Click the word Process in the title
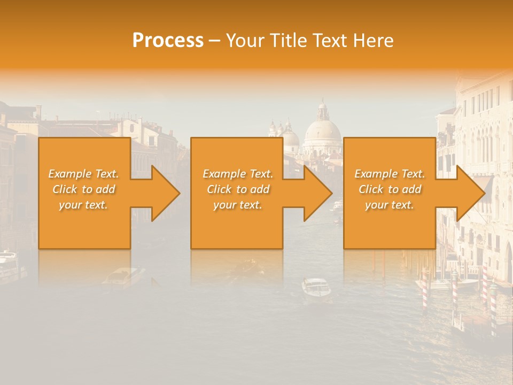click(168, 41)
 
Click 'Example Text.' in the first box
click(83, 174)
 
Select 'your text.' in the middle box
click(237, 205)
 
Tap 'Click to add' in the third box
click(390, 189)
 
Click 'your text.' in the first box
click(83, 205)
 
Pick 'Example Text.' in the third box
click(390, 174)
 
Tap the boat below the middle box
click(316, 288)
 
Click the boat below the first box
click(123, 275)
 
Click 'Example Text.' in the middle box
click(237, 174)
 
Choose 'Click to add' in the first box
click(83, 189)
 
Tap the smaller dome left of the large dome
click(290, 139)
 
